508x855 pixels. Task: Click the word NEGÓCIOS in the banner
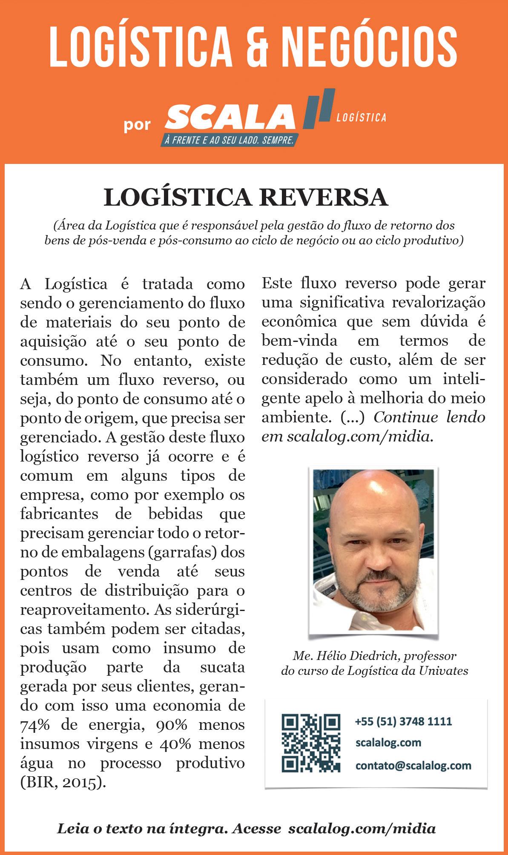tap(370, 46)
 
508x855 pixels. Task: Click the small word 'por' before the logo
tap(138, 125)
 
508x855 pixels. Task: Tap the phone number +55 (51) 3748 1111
tap(403, 721)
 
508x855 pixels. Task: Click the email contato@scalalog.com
tap(413, 765)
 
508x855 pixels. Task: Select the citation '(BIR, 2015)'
tap(63, 783)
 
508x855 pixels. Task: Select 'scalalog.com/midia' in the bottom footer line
tap(362, 828)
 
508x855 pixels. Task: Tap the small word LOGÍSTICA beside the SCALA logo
tap(361, 118)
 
